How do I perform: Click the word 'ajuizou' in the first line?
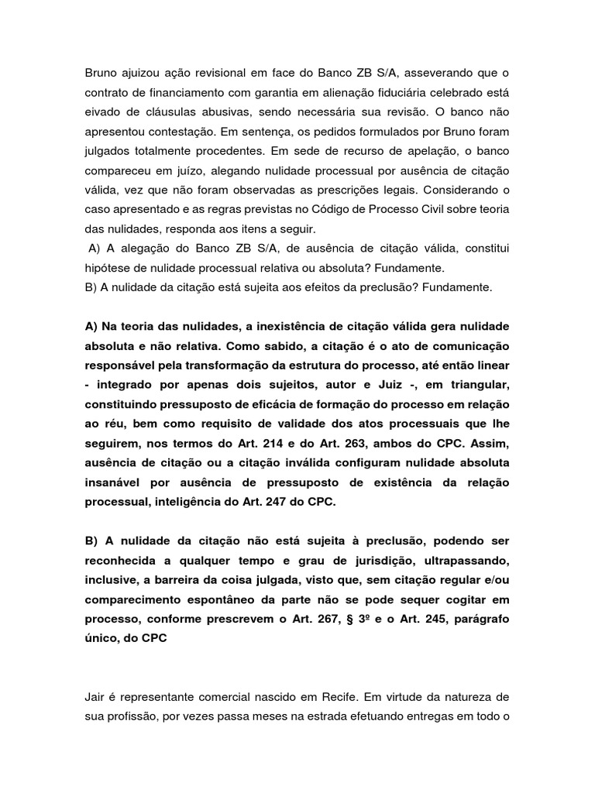click(x=141, y=74)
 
